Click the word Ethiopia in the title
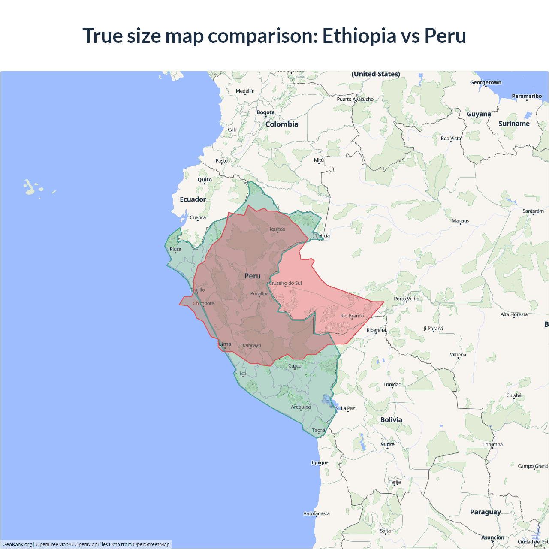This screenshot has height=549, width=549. [359, 36]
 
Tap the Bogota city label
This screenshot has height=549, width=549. [265, 112]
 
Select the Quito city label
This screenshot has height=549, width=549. [205, 180]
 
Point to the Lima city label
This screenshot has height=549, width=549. [225, 344]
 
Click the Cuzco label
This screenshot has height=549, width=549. [295, 366]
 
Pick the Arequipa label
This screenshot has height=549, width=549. [301, 407]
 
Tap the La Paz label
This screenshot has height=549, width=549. [348, 408]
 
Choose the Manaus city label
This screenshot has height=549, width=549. [460, 221]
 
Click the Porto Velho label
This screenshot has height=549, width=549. [407, 299]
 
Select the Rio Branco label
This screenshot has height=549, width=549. [352, 316]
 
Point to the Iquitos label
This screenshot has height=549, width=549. [277, 229]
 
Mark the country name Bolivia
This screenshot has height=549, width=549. [391, 420]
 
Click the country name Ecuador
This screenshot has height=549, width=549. [193, 199]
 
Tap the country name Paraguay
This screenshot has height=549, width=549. [485, 512]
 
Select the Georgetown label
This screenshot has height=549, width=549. [486, 83]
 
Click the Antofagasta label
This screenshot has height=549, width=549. [317, 513]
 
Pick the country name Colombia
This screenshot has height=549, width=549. [282, 124]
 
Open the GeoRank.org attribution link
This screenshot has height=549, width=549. [17, 544]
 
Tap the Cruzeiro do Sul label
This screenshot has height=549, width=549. [285, 283]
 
